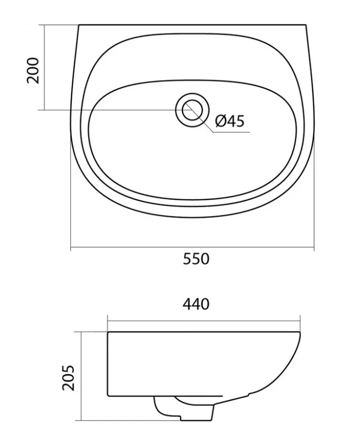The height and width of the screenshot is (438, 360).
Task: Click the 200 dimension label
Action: (x=33, y=71)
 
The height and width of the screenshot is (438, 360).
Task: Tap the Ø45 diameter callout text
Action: (x=229, y=121)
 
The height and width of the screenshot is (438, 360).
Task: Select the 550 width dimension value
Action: (x=196, y=259)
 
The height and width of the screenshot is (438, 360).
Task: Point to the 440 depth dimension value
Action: (x=196, y=304)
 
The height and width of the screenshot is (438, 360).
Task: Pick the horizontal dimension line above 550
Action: (x=192, y=248)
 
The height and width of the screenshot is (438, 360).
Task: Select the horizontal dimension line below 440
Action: (x=203, y=320)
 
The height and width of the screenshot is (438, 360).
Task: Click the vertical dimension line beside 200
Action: (x=45, y=67)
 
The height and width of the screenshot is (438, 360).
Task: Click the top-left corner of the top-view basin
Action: (x=79, y=25)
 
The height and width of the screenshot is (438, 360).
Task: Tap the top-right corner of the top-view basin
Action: (x=307, y=25)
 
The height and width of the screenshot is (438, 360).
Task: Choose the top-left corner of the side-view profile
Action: (x=108, y=333)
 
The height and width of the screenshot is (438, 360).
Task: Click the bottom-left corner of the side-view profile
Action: (x=108, y=396)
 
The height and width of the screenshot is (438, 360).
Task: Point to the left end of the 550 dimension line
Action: (x=71, y=248)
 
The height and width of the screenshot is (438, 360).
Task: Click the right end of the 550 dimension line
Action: (x=314, y=248)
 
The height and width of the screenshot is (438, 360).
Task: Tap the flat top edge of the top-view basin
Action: (x=193, y=25)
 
